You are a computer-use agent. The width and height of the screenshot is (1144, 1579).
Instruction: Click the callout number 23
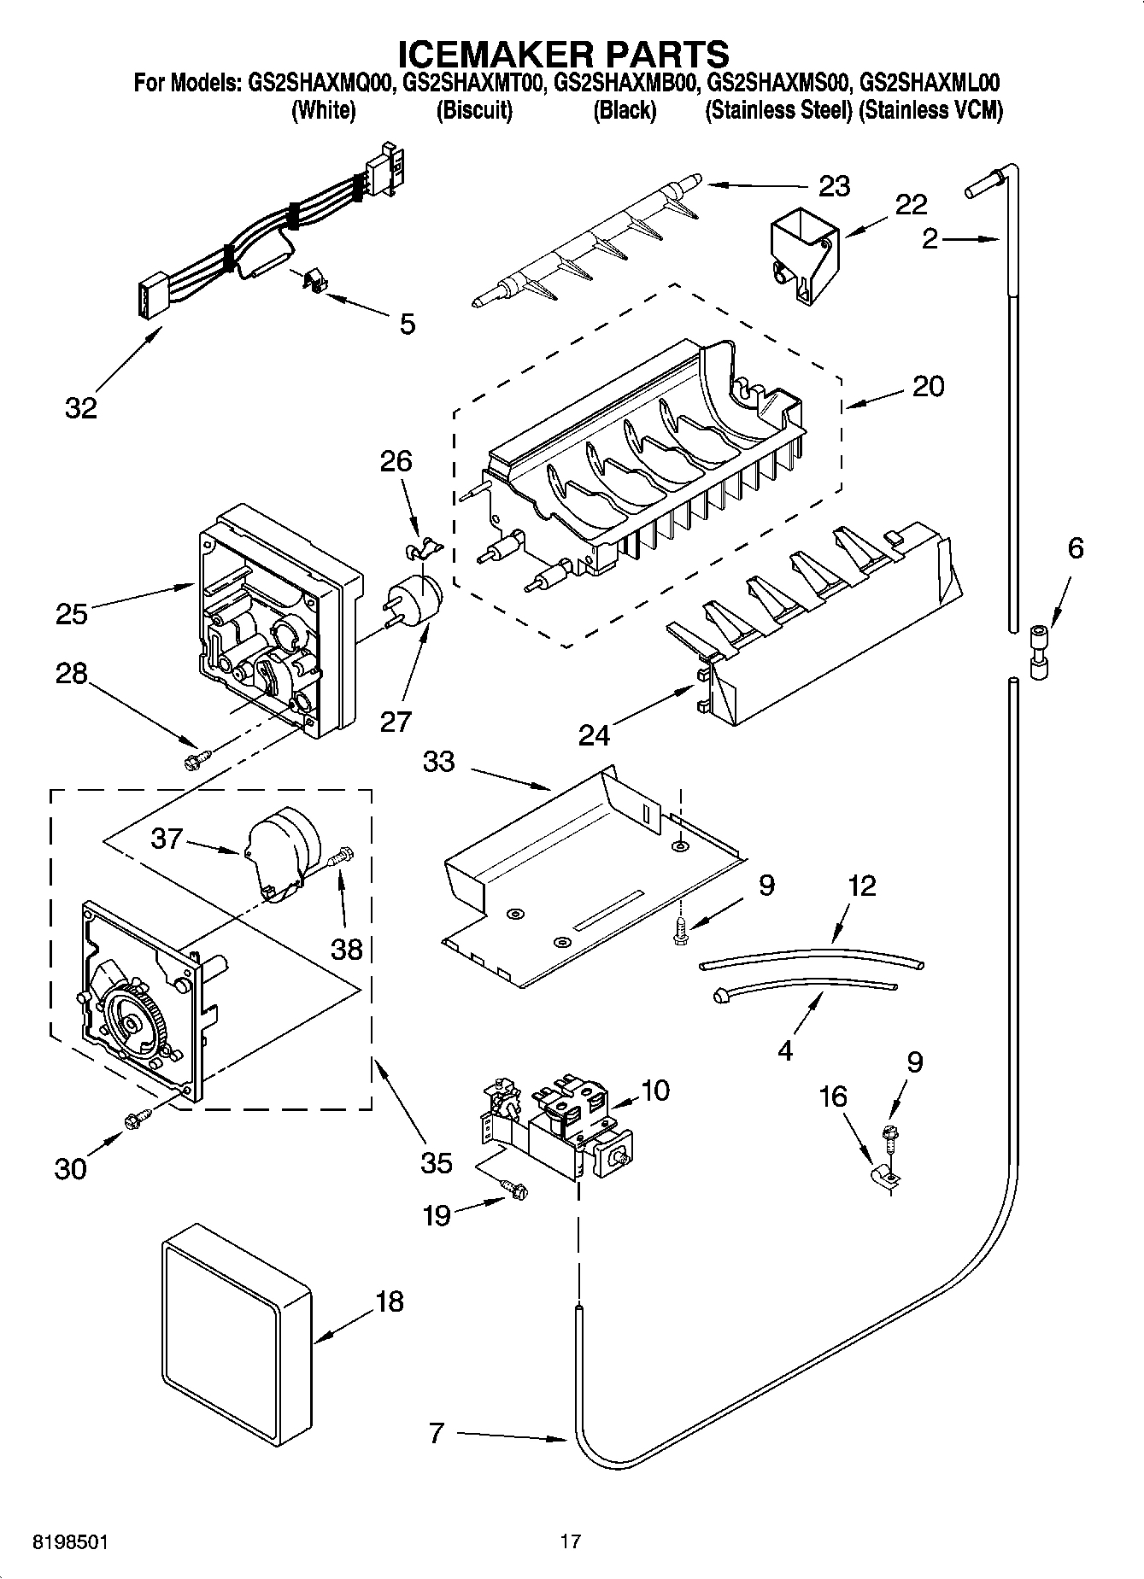(834, 186)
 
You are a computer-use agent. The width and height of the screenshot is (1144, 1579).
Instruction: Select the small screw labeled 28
(196, 757)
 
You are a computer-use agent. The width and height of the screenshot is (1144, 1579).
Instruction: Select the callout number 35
(436, 1162)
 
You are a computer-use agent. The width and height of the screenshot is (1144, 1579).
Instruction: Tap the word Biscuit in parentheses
(474, 110)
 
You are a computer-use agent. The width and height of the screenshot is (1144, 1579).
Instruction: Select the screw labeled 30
(138, 1120)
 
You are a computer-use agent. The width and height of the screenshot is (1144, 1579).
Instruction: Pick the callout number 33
(438, 761)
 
